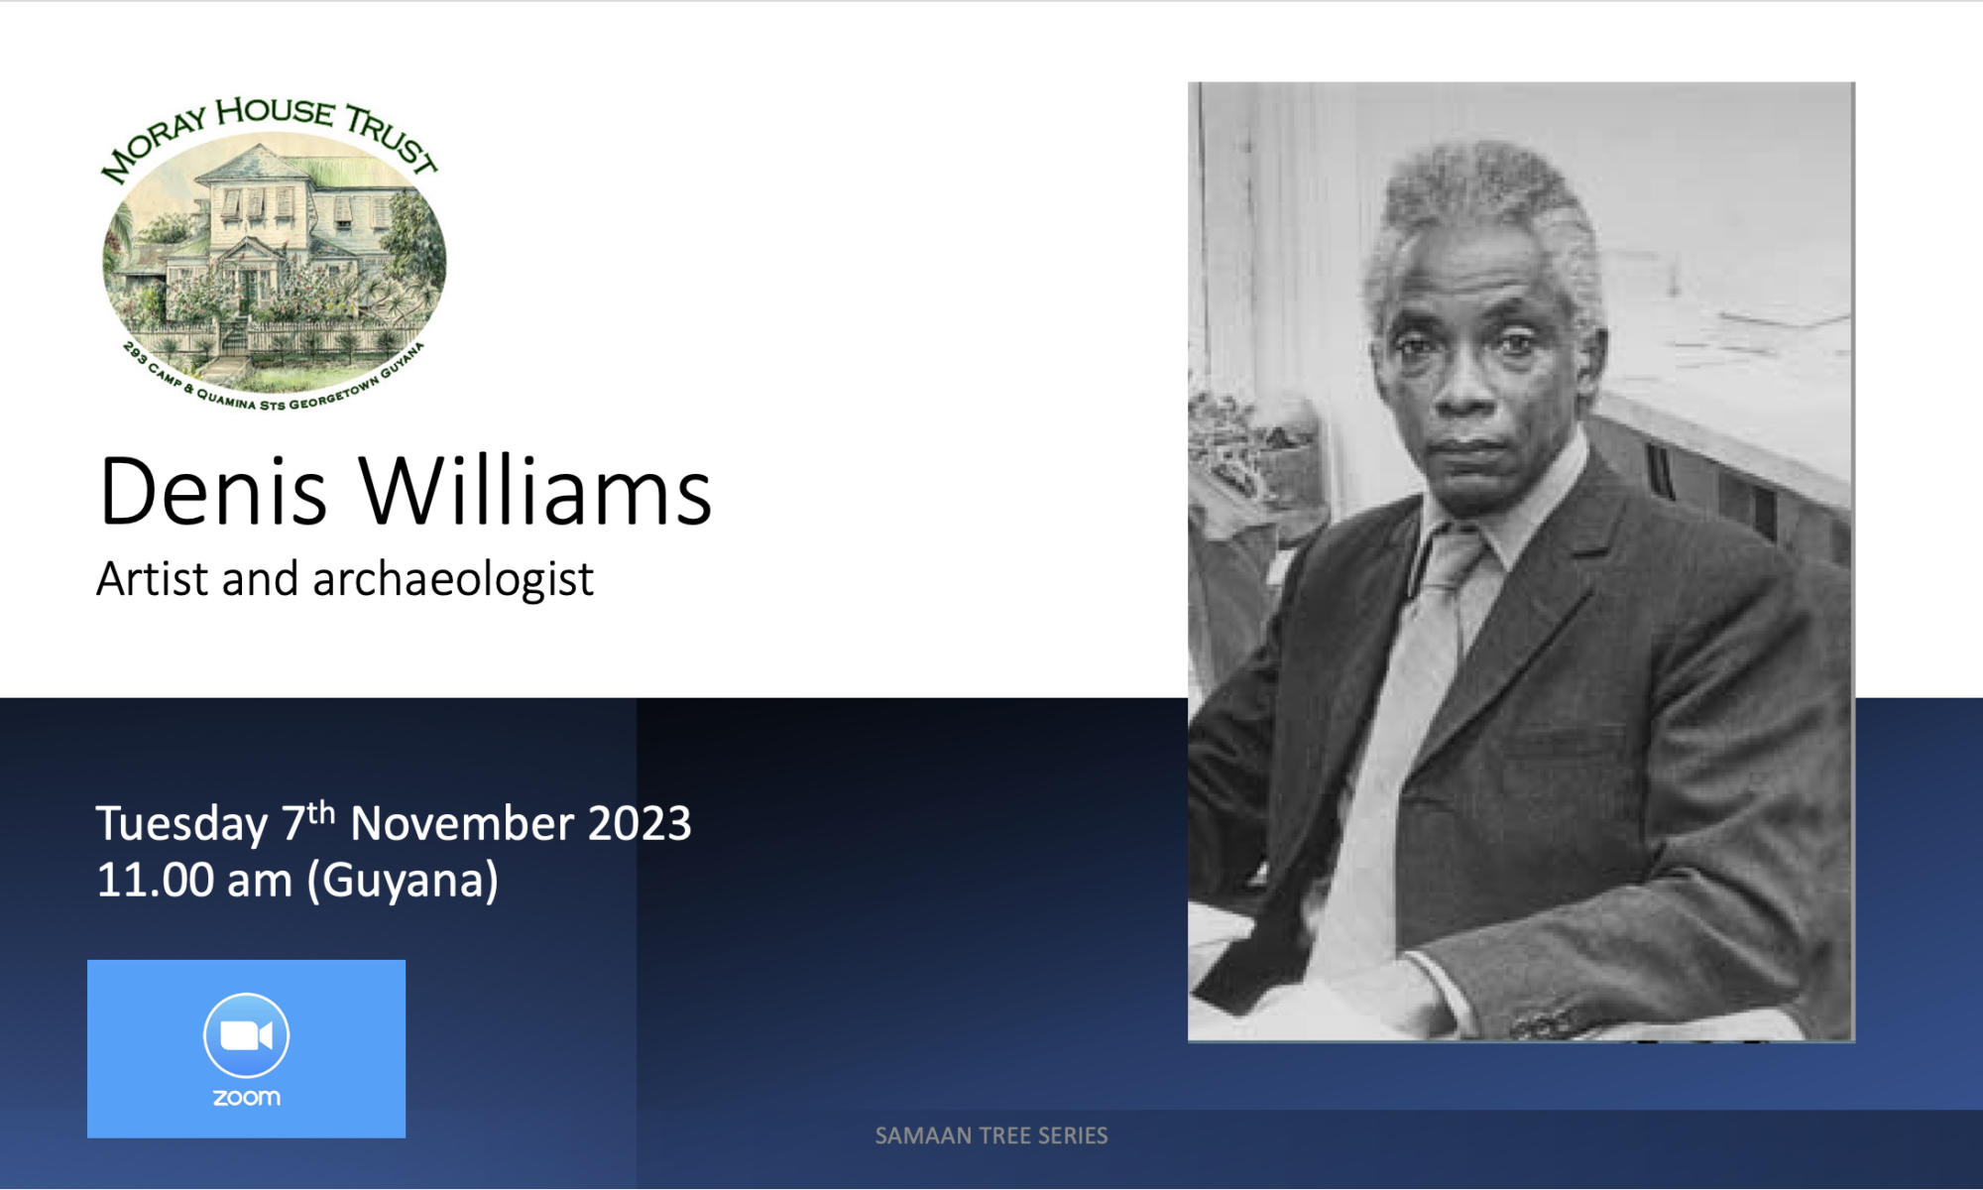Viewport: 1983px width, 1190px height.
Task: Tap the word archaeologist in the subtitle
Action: click(453, 580)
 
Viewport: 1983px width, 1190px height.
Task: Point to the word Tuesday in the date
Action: click(181, 825)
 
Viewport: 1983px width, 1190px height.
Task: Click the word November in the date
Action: click(462, 823)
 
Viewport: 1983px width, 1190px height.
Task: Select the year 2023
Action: click(640, 823)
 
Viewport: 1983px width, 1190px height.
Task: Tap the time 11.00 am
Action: click(194, 880)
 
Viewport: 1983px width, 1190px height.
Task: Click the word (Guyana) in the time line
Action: click(403, 881)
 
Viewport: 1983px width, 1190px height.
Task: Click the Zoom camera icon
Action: click(246, 1035)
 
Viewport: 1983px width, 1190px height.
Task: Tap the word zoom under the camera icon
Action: click(247, 1098)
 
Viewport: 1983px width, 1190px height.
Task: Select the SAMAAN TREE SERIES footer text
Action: click(991, 1136)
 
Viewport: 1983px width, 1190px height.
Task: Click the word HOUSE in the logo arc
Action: click(275, 111)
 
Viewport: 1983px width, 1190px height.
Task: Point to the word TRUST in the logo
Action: click(392, 139)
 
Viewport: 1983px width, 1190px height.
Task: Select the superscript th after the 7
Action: click(321, 813)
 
